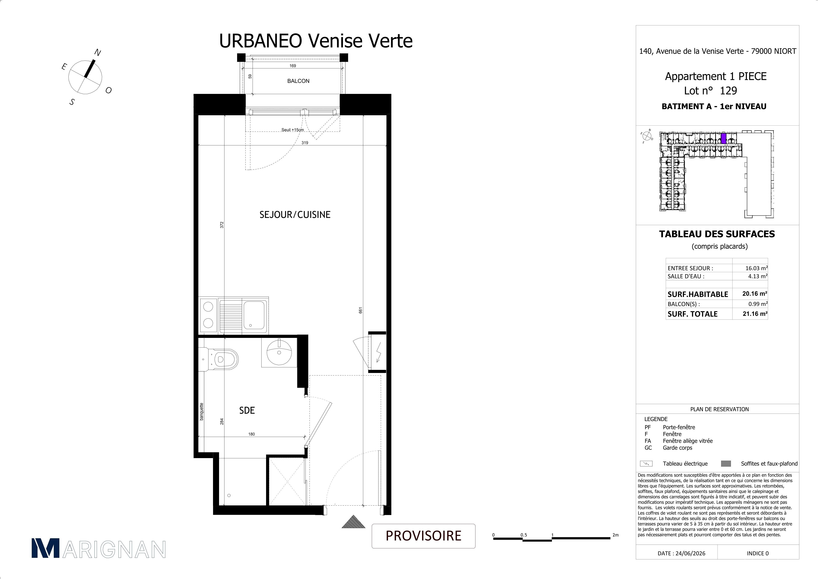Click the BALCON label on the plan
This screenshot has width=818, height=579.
[298, 81]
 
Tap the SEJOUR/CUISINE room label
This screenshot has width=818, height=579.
[295, 215]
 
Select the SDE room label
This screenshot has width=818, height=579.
[247, 410]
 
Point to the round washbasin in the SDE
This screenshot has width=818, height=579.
[279, 352]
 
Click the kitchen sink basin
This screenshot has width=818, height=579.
[254, 314]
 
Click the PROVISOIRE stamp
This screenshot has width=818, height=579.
[423, 536]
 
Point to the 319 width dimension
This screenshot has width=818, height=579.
[305, 142]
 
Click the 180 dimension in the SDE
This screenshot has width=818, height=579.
[251, 434]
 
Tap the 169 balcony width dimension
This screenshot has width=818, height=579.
[293, 66]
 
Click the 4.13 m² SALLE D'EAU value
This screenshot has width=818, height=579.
[758, 276]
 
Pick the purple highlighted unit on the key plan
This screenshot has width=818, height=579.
[724, 138]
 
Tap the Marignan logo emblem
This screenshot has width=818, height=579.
[46, 549]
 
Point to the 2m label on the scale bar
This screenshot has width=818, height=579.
[615, 535]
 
